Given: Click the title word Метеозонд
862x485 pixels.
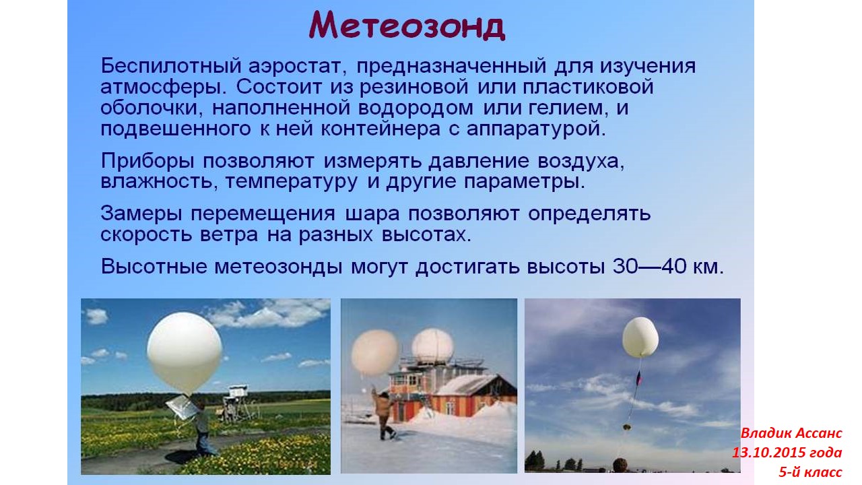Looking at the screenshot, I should tap(407, 26).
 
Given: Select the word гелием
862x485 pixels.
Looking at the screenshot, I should tap(578, 108).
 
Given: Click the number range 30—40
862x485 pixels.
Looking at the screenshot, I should tap(646, 266).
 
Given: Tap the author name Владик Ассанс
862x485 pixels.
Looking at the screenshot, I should tap(791, 432).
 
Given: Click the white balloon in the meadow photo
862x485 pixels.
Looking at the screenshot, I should tap(184, 351).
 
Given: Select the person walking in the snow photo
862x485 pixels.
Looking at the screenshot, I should tap(382, 412).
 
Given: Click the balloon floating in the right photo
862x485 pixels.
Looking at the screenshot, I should tap(640, 337).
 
